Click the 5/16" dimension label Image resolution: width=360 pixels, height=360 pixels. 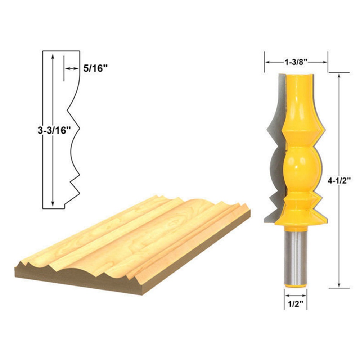pos(95,68)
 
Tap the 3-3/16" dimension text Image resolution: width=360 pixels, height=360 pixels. pos(54,130)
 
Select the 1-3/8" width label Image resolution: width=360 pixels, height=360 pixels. pos(296,62)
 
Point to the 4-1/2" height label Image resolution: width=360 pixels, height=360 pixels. pos(339,181)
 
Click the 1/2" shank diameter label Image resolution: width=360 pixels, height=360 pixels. pos(296,304)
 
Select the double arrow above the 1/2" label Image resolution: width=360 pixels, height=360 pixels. pos(296,296)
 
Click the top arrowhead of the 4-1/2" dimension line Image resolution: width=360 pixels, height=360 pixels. pos(339,76)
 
